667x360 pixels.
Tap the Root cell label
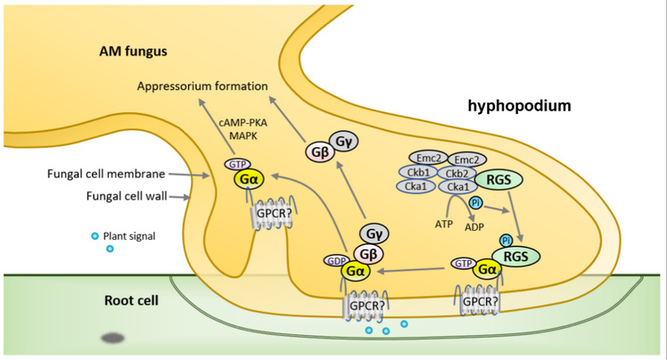point(128,300)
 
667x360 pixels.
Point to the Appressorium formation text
point(203,87)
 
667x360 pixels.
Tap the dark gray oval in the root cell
point(113,339)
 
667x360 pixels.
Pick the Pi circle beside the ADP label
point(475,203)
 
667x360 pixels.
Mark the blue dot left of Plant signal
point(95,236)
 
